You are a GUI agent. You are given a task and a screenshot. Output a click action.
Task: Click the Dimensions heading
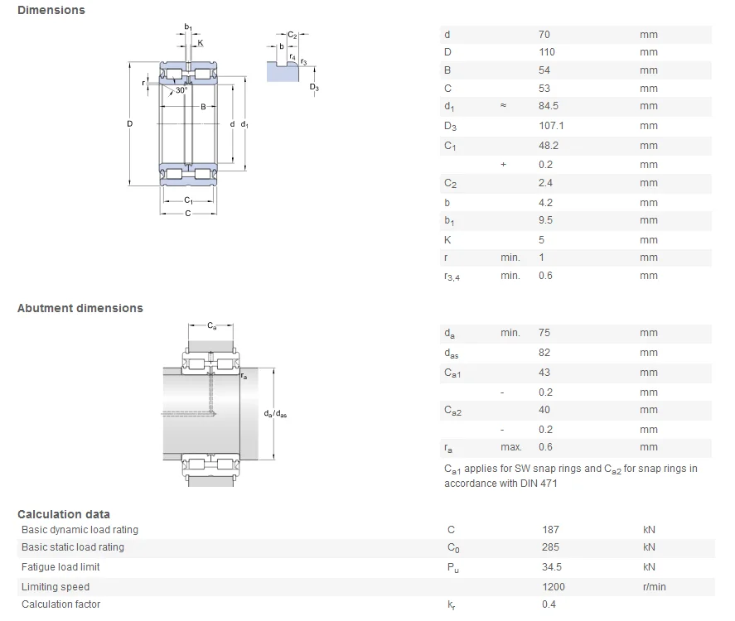(51, 10)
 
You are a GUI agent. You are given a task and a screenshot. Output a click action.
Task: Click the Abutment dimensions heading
(80, 308)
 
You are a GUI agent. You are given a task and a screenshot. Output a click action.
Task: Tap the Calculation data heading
(64, 514)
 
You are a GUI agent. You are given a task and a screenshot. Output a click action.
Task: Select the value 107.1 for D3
(551, 126)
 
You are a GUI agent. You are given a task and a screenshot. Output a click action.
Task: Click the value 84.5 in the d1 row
(549, 106)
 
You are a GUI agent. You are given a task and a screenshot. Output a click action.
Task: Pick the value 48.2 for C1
(549, 146)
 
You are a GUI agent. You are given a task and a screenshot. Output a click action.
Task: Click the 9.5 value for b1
(545, 220)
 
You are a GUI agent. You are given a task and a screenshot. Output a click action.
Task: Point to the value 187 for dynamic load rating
(550, 529)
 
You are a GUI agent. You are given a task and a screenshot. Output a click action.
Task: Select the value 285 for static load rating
(550, 547)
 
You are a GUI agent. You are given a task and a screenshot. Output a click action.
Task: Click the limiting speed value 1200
(553, 587)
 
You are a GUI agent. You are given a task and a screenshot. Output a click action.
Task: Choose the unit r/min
(655, 587)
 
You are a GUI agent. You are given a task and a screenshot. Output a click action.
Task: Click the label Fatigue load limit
(60, 567)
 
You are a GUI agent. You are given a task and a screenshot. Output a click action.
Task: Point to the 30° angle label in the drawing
(181, 90)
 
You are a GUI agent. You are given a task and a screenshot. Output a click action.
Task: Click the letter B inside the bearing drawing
(202, 107)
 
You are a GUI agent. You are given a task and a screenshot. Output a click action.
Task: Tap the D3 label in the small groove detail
(314, 87)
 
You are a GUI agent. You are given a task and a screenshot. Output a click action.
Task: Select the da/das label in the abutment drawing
(275, 414)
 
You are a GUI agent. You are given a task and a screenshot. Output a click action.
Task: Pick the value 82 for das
(544, 353)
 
